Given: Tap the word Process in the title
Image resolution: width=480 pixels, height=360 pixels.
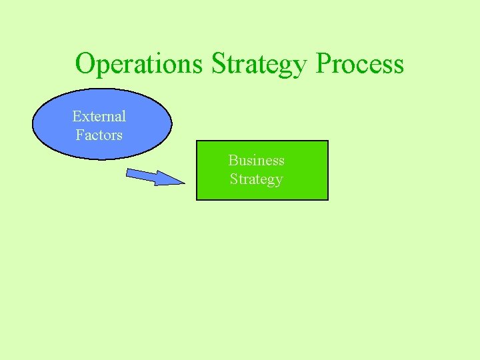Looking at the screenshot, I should click(360, 64).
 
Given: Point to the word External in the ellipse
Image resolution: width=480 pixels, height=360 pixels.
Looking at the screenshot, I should click(99, 116).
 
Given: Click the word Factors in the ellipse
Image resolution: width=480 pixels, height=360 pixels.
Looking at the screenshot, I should click(99, 135).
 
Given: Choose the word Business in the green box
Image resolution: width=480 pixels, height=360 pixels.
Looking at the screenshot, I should click(256, 160).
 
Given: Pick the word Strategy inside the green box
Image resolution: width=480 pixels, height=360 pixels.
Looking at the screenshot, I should click(256, 179).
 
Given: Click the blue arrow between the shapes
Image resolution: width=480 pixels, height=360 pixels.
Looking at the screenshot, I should click(155, 177).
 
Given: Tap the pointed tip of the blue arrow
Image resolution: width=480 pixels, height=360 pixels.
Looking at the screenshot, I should click(184, 182).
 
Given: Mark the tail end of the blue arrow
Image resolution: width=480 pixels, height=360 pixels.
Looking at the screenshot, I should click(128, 173).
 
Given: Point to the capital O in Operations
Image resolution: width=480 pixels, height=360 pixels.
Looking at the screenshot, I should click(85, 64).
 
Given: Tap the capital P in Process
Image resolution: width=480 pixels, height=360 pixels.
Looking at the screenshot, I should click(324, 64).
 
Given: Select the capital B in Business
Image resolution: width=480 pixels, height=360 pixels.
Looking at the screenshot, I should click(233, 160).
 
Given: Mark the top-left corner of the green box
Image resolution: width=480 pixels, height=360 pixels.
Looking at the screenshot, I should click(197, 141).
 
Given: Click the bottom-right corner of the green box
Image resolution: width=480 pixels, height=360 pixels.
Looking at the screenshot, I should click(328, 199).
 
